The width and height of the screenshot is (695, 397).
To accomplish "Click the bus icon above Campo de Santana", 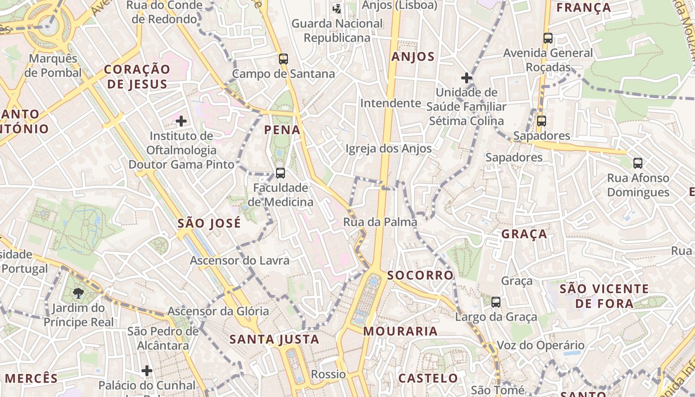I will click(x=283, y=59).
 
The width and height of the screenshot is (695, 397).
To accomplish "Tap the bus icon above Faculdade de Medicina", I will click(x=280, y=173).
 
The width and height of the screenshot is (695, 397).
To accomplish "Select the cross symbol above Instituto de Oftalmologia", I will click(x=181, y=121).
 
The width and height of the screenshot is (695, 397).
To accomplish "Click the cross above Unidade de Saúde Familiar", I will click(x=466, y=78).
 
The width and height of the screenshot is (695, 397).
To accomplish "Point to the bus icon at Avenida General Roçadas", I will click(x=548, y=38).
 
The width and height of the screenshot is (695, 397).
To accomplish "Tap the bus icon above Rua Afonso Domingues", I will click(x=638, y=163).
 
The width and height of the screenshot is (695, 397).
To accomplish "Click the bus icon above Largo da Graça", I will click(x=495, y=302).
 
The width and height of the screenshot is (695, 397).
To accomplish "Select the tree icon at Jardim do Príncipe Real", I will click(x=78, y=293).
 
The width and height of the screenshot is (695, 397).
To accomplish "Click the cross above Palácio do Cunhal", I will click(x=147, y=370).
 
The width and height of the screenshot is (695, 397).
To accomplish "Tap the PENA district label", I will click(x=282, y=130).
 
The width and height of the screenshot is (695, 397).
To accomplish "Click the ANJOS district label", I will click(x=413, y=57).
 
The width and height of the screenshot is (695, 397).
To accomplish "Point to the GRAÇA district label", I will click(x=524, y=234).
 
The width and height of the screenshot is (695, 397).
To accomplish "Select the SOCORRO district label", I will click(x=420, y=275).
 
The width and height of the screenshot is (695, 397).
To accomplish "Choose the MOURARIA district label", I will click(x=401, y=331).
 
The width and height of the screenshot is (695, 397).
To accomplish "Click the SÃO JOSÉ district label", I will click(x=209, y=223).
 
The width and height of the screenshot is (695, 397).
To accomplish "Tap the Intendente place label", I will click(x=391, y=103).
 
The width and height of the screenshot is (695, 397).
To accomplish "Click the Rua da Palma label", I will click(x=380, y=222).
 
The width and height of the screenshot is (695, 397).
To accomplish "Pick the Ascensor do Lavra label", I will click(x=239, y=260).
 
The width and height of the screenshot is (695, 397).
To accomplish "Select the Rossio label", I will click(x=328, y=374).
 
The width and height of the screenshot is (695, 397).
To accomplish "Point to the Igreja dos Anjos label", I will click(x=388, y=148).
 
